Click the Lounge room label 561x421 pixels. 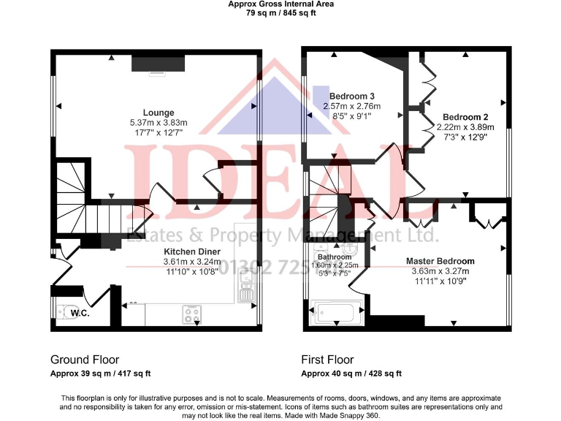point(159,113)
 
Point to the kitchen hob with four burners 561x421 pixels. point(191,314)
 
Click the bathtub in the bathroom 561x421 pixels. point(333,313)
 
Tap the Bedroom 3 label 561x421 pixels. point(352,96)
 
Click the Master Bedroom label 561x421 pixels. point(440,261)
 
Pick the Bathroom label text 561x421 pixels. point(335,257)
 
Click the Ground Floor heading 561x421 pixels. point(85,360)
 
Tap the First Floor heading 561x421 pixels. point(328,360)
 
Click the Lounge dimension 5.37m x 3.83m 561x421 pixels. point(159,123)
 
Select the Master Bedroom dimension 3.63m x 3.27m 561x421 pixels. point(440,270)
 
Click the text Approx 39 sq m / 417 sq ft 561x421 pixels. point(100,373)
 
